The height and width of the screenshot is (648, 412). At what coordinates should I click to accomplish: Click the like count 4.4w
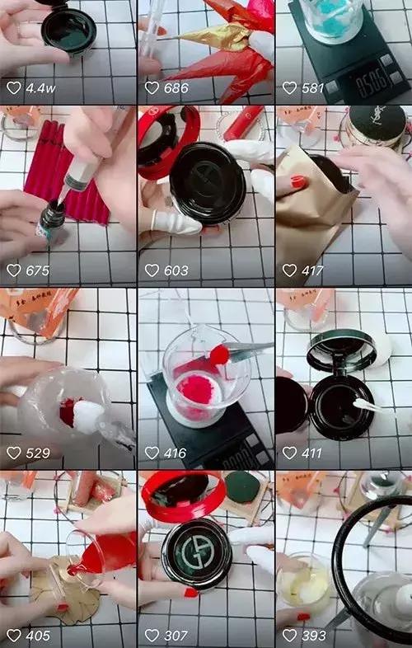point(40,87)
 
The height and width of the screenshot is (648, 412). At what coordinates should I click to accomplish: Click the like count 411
point(313,453)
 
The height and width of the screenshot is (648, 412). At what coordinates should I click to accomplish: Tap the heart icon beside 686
point(152,87)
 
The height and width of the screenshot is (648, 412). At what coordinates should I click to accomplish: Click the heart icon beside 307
point(152,636)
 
